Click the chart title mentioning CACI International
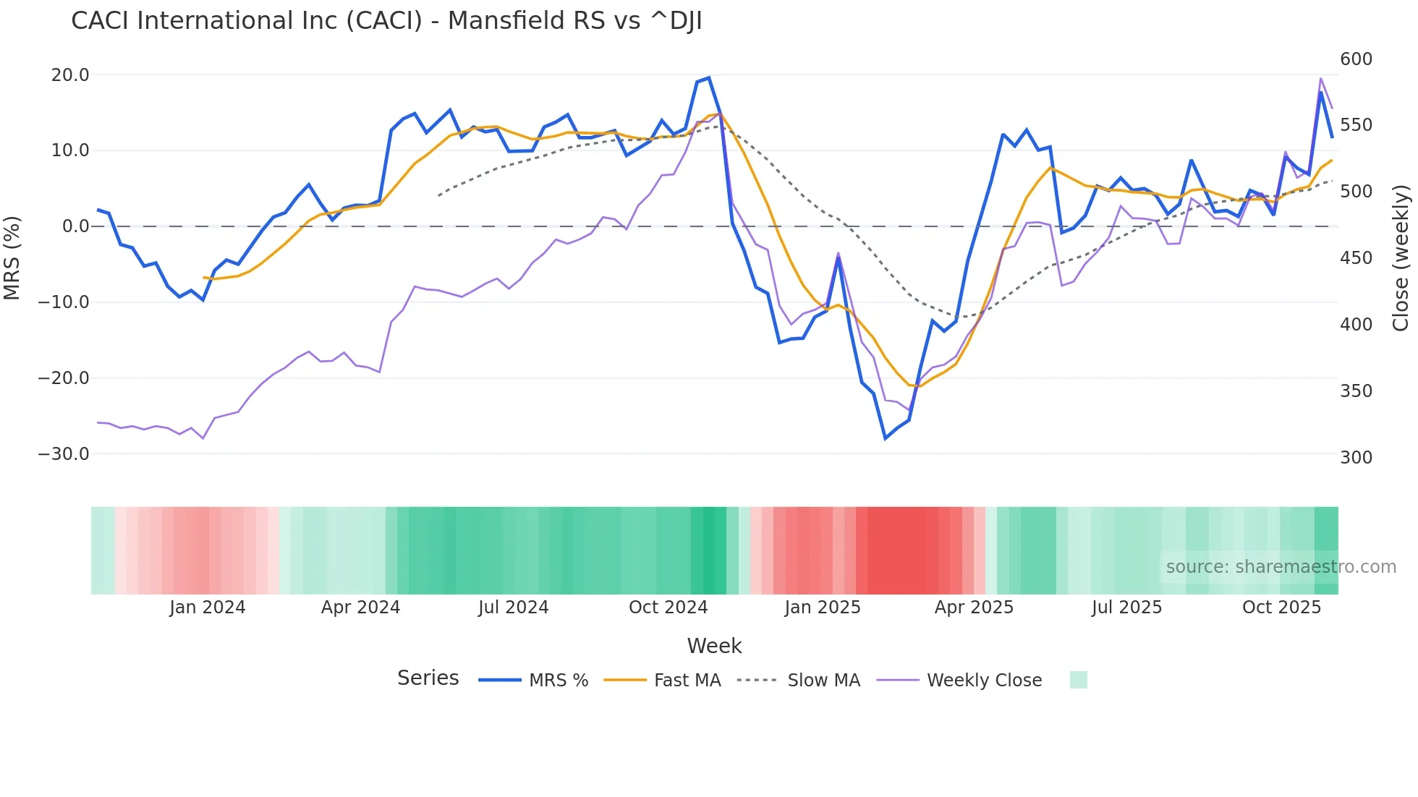(386, 21)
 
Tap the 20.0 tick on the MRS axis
(70, 75)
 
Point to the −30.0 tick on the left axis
(64, 454)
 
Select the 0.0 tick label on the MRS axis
(76, 226)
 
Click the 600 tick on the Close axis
(1356, 59)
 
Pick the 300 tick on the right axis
(1356, 458)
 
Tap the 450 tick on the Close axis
(1356, 258)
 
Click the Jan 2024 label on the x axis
(208, 608)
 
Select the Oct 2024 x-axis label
(668, 608)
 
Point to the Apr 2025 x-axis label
(974, 608)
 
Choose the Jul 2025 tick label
(1126, 608)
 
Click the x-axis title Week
(714, 646)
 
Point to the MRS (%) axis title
(12, 257)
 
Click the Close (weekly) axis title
(1401, 258)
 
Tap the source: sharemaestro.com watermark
(1281, 567)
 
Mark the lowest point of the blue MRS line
(886, 438)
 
